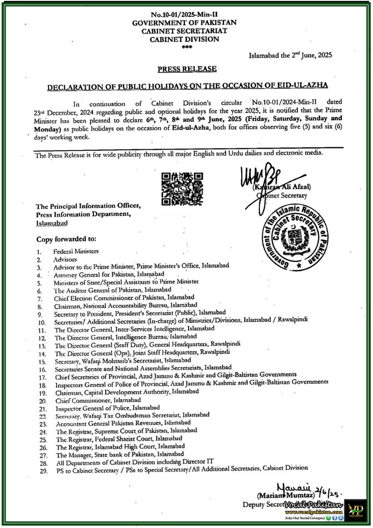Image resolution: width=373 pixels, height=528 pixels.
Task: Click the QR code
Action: [x=182, y=188]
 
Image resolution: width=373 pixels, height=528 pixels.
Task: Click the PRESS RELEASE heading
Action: [x=187, y=69]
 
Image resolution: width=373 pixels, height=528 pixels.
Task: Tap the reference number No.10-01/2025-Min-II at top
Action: [x=184, y=15]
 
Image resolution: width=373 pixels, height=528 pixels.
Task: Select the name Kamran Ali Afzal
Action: [x=282, y=187]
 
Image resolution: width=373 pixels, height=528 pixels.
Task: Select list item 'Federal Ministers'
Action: [x=76, y=251]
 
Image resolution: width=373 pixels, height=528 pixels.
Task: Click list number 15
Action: [x=42, y=362]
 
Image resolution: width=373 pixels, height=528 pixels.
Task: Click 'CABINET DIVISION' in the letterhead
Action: [x=184, y=39]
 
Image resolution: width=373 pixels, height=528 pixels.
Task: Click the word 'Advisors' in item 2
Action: [x=65, y=259]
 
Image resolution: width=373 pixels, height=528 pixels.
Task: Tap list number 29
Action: [x=43, y=471]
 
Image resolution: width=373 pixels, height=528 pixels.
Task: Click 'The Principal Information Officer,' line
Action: [x=88, y=206]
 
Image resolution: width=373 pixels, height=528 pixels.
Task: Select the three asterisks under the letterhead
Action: [x=187, y=47]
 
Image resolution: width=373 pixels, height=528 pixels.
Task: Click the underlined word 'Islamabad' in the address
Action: [x=52, y=223]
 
